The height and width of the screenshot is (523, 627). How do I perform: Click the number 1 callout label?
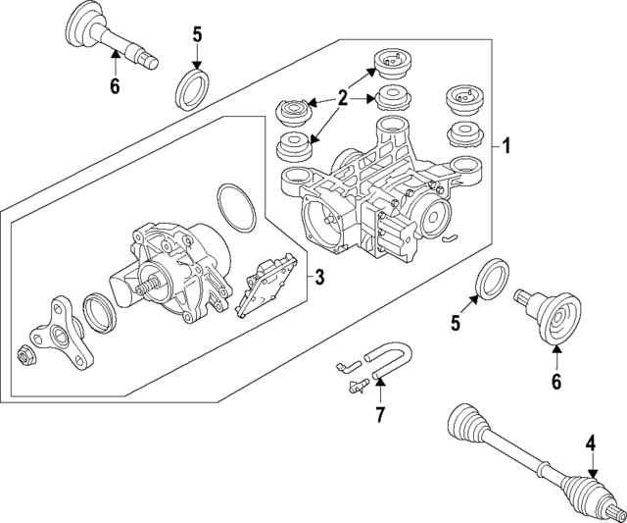coord(506,147)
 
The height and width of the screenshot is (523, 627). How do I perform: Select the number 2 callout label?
coord(343,97)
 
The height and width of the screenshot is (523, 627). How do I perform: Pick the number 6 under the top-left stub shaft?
coord(115,86)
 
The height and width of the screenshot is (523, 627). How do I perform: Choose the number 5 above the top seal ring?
coord(197,35)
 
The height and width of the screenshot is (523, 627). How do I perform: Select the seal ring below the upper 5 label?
coord(192,86)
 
